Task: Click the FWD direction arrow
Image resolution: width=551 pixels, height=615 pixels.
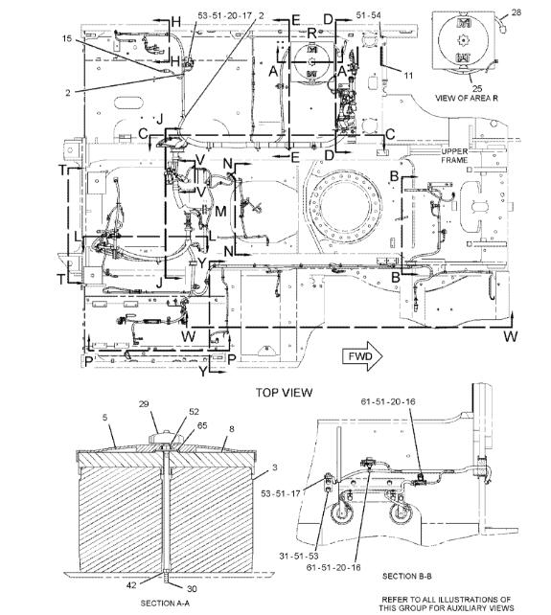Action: coord(362,356)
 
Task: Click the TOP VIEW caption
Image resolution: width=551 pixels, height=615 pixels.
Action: coord(285,392)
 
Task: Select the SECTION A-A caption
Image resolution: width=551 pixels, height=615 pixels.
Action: coord(164,604)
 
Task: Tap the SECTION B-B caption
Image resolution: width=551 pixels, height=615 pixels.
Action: coord(407,576)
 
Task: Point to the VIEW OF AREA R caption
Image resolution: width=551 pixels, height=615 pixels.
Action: coord(467,98)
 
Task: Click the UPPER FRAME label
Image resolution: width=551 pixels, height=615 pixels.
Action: coord(454,156)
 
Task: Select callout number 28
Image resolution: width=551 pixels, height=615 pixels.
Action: coord(517,12)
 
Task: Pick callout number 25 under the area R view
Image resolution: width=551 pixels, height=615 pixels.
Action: coord(477,88)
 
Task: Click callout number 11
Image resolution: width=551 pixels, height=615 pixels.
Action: coord(408,75)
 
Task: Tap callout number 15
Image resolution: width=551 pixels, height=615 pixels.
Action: coord(67,38)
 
